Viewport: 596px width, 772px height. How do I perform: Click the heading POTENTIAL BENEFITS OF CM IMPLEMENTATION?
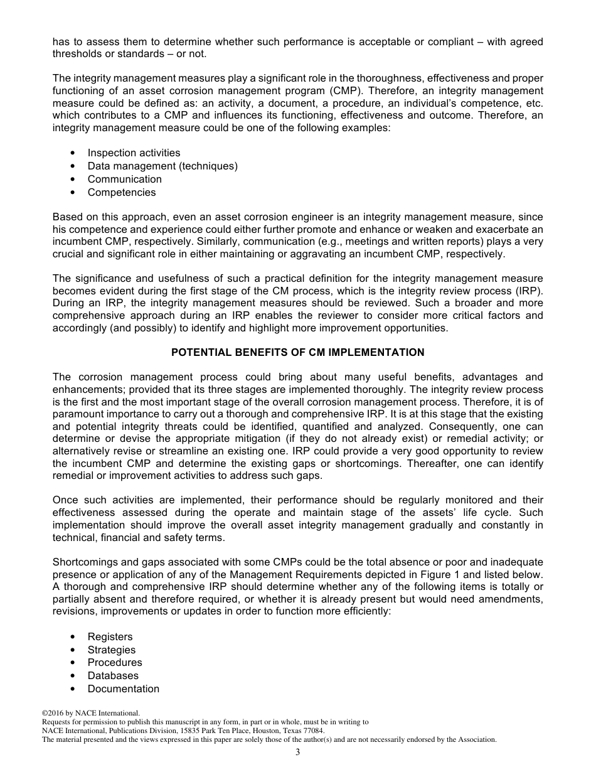(297, 353)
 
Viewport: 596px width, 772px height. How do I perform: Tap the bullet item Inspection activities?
(134, 153)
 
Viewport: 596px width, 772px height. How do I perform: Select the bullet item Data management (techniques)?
(162, 166)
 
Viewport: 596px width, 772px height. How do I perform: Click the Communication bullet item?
(124, 180)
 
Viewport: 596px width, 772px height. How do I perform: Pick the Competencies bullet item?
(122, 193)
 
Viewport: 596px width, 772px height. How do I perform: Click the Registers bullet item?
(110, 637)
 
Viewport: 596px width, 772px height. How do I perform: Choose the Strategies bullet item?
(111, 650)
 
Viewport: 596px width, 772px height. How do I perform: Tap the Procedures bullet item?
(115, 663)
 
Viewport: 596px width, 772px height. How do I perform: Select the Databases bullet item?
(113, 676)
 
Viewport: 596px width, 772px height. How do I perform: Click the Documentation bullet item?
(123, 689)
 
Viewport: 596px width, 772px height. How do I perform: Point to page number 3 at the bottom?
(298, 753)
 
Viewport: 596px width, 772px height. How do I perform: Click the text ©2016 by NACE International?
(90, 714)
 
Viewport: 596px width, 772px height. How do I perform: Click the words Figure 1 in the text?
(464, 575)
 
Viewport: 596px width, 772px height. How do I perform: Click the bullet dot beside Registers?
(73, 637)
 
